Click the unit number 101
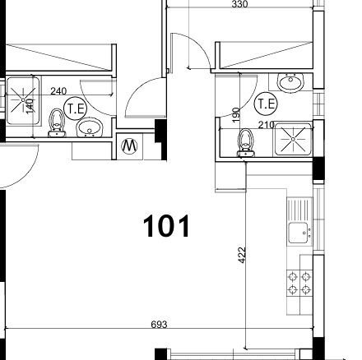166,226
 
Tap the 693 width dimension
159,325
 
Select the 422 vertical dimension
242,255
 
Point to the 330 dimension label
239,4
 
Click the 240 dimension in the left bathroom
58,91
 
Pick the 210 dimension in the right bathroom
267,125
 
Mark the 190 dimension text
235,115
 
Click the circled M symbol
129,146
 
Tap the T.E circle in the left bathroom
75,108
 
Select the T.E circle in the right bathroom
266,104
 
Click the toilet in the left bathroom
57,123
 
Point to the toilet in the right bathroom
246,143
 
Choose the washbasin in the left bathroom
90,127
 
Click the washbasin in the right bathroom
290,82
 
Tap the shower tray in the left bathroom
23,100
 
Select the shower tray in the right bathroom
294,140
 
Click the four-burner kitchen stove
299,284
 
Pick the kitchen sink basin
298,233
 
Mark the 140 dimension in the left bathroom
30,106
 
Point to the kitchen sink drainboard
299,210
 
